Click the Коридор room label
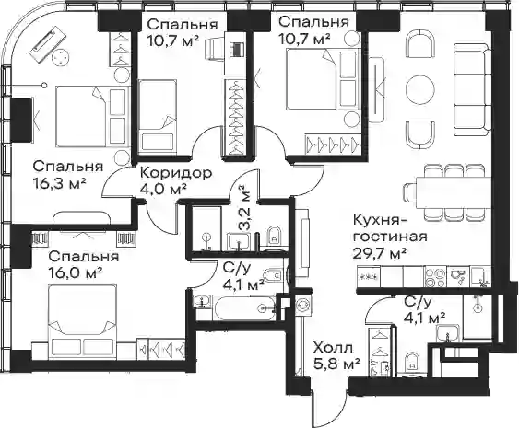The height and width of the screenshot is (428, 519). point(176,173)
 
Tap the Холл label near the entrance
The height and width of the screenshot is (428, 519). point(334,348)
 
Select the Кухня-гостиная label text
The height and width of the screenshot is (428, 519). point(389,228)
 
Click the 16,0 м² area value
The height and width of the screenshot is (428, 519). point(75,272)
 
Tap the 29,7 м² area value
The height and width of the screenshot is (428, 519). point(379,253)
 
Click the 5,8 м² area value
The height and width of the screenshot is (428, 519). point(336,364)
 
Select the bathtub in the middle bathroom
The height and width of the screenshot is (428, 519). point(244,308)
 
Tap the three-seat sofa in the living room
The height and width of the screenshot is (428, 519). point(472,90)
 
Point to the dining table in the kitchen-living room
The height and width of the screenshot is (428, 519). point(453,192)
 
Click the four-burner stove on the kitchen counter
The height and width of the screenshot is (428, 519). point(435,277)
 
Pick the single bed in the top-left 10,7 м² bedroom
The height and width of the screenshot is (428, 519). point(157,116)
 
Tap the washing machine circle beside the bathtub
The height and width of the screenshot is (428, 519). point(302,305)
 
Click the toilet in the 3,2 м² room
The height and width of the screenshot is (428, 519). point(275,236)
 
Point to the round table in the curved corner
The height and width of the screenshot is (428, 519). point(61,57)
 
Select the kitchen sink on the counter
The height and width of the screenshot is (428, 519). point(458,276)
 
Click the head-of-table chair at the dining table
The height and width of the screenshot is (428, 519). point(410,192)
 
